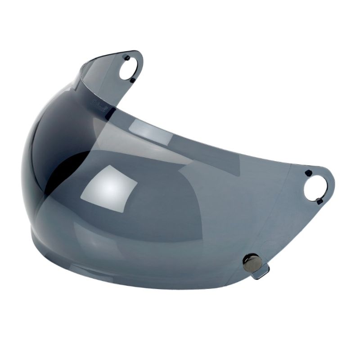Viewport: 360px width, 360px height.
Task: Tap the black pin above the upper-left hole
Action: coord(127,57)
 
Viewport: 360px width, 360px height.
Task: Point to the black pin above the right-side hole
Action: coord(308,173)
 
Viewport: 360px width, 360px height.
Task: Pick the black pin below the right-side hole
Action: coord(319,201)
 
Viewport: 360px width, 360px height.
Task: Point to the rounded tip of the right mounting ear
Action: coord(332,182)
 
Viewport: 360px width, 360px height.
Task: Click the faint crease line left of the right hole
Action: coord(288,198)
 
